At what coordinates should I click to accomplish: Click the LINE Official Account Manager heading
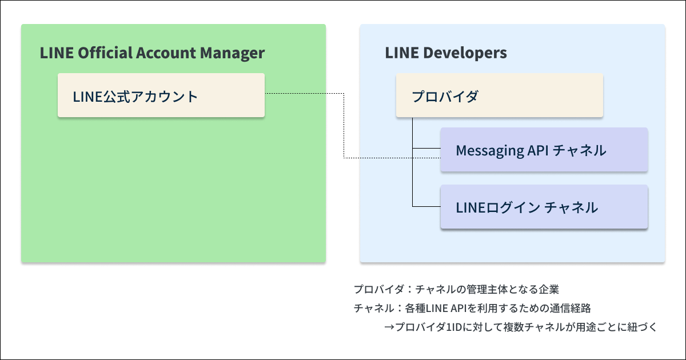pos(152,53)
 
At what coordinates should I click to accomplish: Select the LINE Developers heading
pos(446,53)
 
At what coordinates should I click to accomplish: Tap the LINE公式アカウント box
pos(161,95)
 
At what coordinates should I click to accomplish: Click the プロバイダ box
pos(499,95)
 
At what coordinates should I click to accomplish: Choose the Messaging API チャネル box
pos(544,150)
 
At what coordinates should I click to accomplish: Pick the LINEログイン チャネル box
pos(544,207)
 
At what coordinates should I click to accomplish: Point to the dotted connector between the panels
pos(344,126)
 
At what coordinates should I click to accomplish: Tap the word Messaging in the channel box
pos(490,151)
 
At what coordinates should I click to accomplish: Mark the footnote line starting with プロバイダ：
pos(460,289)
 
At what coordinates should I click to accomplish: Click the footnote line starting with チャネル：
pos(472,308)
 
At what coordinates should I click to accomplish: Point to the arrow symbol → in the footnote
pos(389,327)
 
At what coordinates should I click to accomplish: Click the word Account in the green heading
pos(166,53)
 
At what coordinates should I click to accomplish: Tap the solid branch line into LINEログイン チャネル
pos(426,206)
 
